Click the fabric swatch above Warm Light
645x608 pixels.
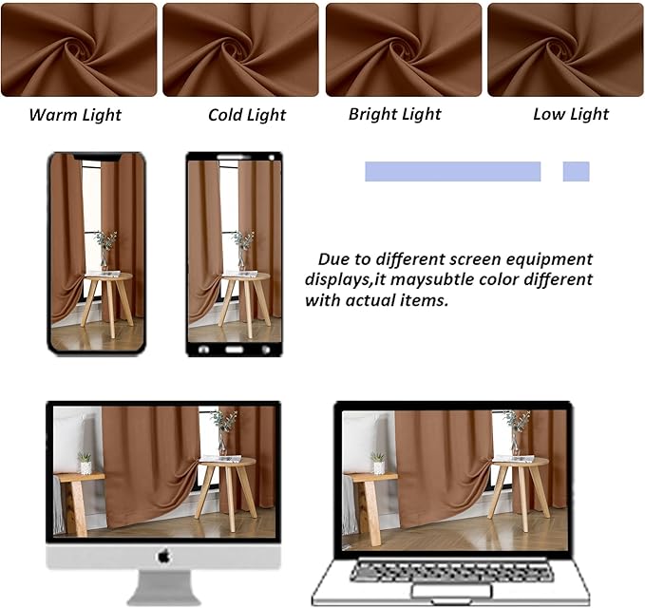point(79,49)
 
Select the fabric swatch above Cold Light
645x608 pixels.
point(240,49)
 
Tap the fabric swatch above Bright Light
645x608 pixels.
point(403,49)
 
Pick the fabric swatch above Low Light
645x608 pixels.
point(565,49)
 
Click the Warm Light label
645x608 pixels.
point(75,115)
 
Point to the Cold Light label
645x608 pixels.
point(247,115)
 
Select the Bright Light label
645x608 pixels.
point(394,114)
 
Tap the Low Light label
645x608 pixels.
point(571,114)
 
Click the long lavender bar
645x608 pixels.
point(452,171)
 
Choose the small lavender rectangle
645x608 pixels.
point(576,171)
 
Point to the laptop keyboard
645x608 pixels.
point(448,572)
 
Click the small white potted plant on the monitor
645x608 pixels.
point(85,463)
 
